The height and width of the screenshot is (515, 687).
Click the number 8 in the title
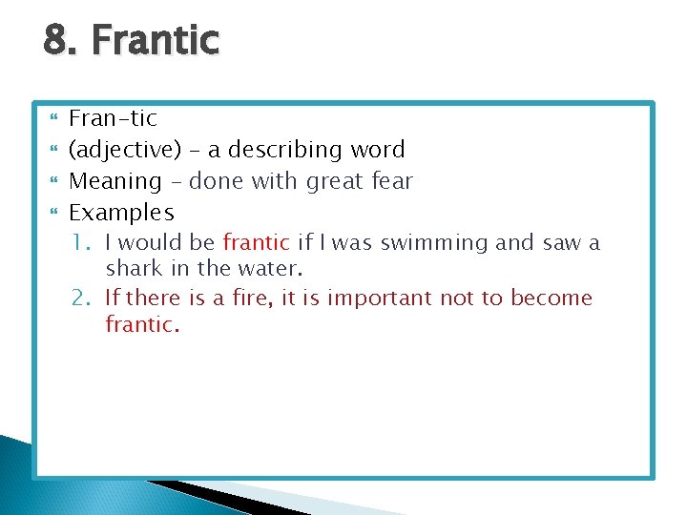54,41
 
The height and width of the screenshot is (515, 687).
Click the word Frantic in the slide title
156,41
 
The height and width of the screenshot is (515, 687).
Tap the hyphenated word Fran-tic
114,118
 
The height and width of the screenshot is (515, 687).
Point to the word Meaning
116,181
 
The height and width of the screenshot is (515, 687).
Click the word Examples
122,212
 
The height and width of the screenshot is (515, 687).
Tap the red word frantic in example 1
256,243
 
